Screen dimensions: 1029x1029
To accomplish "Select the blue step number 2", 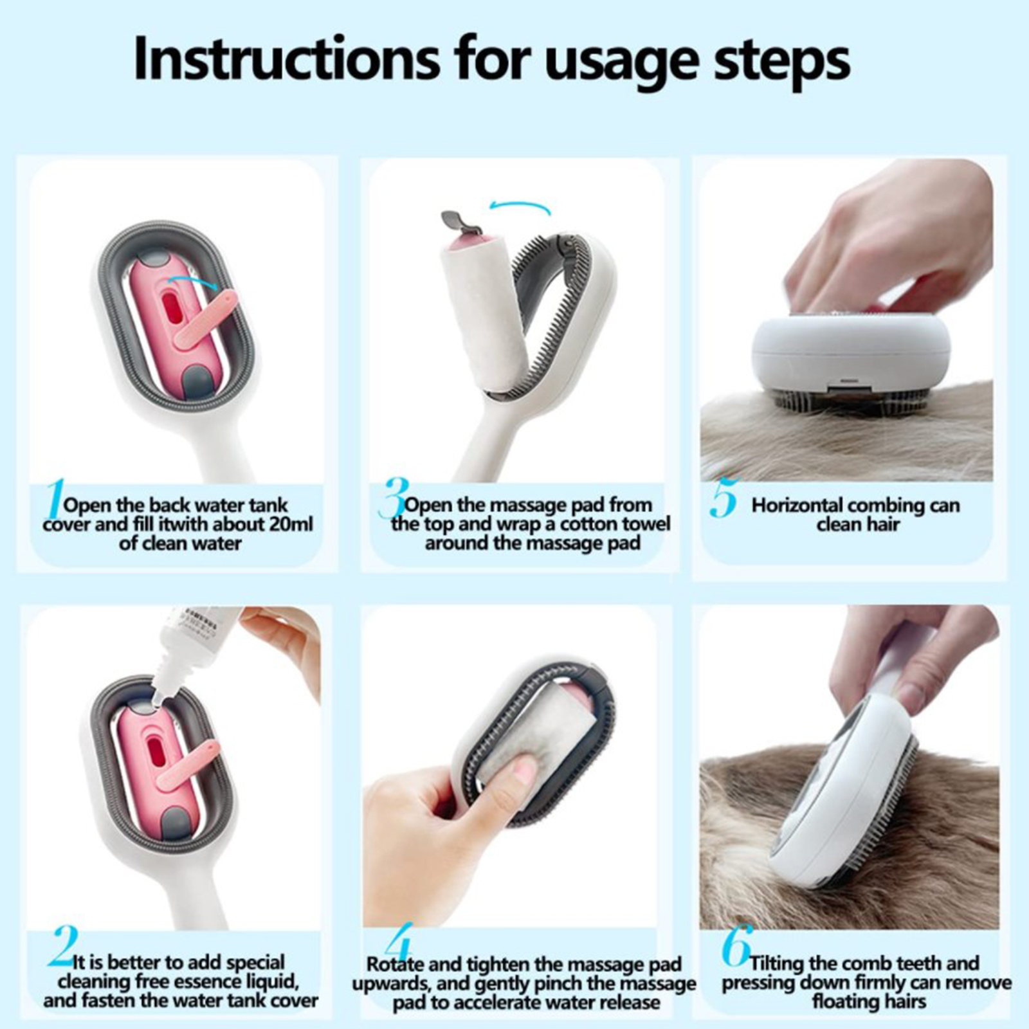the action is [63, 946].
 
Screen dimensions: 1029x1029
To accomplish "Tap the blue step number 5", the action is [724, 498].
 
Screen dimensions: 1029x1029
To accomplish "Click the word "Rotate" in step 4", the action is [395, 965].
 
